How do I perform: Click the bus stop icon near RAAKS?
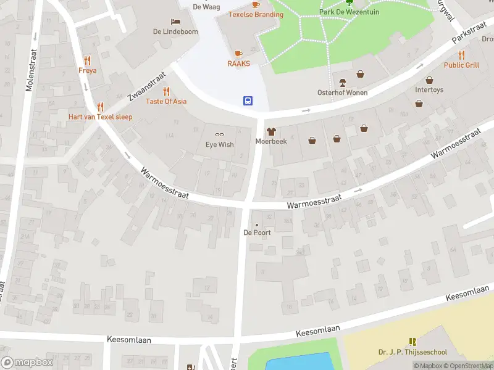click(248, 101)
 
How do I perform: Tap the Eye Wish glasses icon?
click(219, 134)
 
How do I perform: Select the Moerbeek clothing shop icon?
click(270, 131)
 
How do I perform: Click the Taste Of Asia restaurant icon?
click(166, 91)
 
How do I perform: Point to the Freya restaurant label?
click(87, 70)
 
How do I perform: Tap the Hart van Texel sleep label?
click(100, 117)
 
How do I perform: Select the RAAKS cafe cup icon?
click(238, 54)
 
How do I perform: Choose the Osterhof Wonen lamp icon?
click(342, 83)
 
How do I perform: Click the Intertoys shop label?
click(429, 89)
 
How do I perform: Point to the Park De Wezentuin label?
click(349, 12)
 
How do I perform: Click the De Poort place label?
click(257, 232)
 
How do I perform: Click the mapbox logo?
click(27, 363)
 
